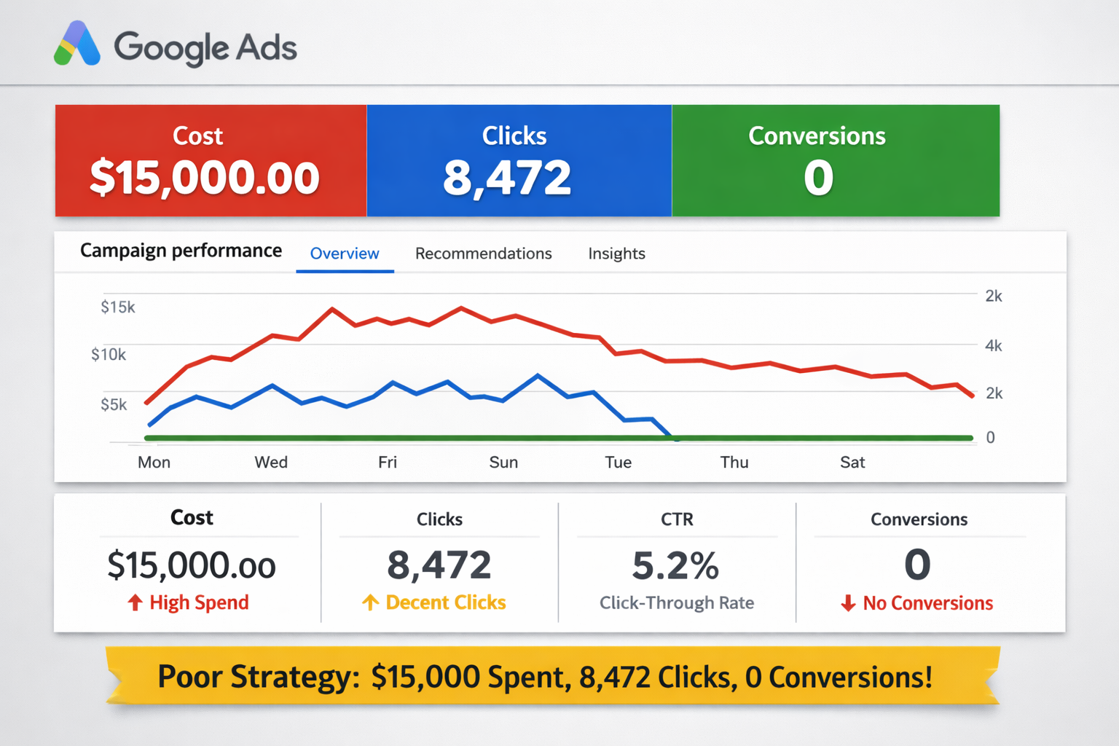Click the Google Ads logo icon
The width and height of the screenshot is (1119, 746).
point(77,45)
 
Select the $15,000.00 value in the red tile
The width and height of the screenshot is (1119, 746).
point(205,178)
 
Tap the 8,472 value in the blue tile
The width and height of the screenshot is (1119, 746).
point(507,178)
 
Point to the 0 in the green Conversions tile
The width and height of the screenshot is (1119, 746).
point(818,178)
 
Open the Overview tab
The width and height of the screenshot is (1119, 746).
point(345,254)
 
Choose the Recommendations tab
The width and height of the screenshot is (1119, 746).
point(483,254)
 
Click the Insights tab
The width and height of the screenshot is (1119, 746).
point(616,254)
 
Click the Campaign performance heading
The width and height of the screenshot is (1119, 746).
point(181,251)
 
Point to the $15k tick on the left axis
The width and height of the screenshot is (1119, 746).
point(118,307)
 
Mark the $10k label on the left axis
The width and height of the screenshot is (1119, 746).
point(109,355)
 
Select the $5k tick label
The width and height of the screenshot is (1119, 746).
point(114,404)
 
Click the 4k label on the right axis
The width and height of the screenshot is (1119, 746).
point(994,345)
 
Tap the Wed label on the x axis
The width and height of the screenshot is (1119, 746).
point(271,462)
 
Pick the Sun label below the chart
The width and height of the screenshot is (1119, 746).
point(503,462)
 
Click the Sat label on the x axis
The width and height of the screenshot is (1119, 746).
point(852,462)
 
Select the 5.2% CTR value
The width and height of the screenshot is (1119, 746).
point(675,565)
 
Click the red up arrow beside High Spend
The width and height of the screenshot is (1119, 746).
point(135,602)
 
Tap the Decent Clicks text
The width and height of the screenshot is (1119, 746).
point(446,602)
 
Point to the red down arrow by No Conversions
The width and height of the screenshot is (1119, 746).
point(848,603)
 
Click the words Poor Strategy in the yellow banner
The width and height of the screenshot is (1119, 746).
point(259,677)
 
